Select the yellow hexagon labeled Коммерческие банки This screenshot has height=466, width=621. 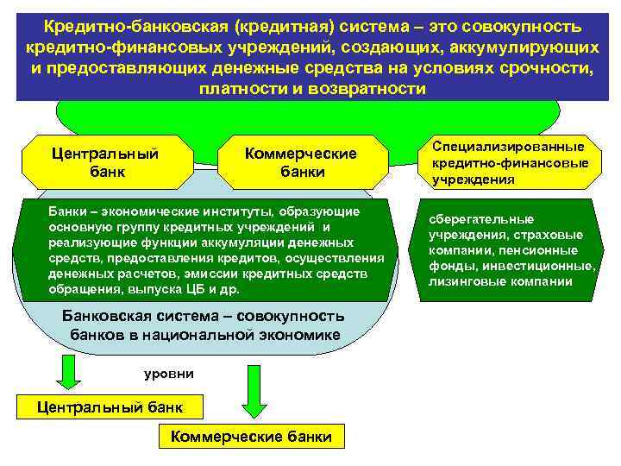pyautogui.click(x=301, y=162)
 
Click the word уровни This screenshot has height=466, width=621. pyautogui.click(x=168, y=374)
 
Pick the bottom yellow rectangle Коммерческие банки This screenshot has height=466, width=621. pyautogui.click(x=251, y=437)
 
